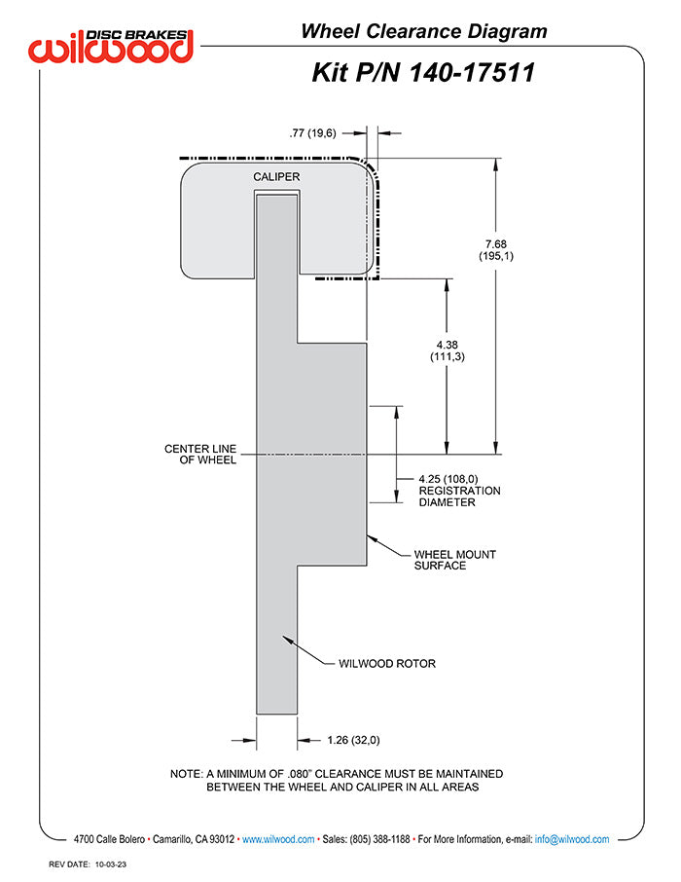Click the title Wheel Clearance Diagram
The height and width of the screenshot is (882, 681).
[x=423, y=31]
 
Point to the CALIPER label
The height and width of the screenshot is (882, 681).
[x=276, y=177]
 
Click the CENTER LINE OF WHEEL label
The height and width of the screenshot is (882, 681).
[x=200, y=455]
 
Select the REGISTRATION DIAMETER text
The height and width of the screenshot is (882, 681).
[x=459, y=496]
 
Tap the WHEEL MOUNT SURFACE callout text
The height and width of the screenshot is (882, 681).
[x=455, y=560]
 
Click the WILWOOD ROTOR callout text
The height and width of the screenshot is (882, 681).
[x=386, y=664]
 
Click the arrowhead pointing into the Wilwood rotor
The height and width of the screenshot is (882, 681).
[x=283, y=639]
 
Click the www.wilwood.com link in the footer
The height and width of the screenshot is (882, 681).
[x=277, y=839]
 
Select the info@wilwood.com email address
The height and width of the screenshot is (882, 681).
[x=572, y=839]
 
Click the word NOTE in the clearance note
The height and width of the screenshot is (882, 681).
[x=186, y=773]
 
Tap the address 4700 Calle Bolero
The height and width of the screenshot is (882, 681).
[x=110, y=839]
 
